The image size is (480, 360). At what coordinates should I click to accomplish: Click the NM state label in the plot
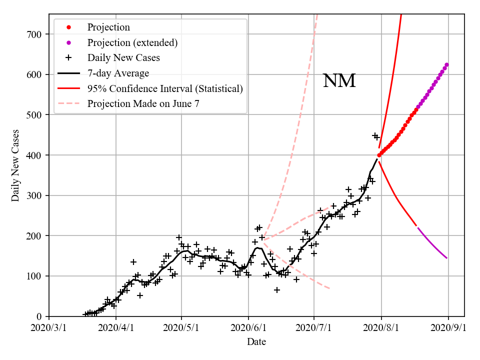339,81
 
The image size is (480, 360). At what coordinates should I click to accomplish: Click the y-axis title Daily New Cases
15,165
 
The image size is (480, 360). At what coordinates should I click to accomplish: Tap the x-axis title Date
256,342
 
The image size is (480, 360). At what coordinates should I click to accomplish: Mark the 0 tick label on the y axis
40,316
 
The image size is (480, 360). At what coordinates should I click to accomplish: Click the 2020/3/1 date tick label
49,328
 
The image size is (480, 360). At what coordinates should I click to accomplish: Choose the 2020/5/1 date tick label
181,328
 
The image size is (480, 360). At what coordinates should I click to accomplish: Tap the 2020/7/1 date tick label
314,328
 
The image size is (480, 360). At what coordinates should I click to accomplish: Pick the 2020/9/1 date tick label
448,328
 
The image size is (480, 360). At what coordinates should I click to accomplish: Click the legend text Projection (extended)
132,42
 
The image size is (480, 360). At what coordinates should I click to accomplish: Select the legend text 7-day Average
118,73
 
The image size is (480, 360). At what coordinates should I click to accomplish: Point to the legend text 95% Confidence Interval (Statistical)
165,89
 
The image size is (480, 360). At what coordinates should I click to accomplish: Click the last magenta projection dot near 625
446,64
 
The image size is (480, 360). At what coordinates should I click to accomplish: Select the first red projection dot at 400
379,155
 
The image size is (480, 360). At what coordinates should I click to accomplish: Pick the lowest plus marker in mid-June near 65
277,290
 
